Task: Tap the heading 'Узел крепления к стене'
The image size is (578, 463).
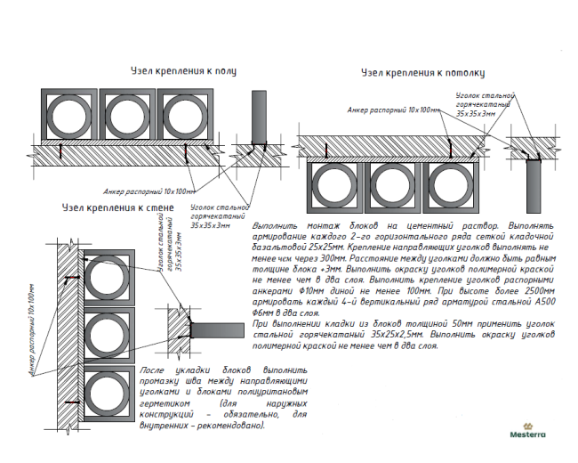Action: click(x=118, y=207)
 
